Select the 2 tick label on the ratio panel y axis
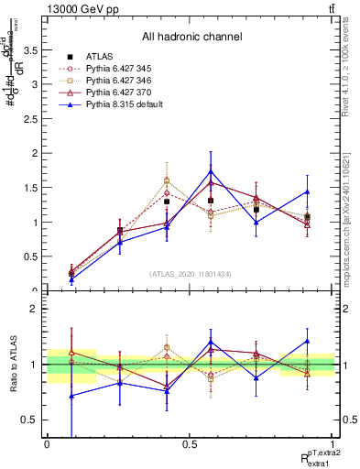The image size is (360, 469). click(x=34, y=310)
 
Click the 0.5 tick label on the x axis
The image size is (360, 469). click(x=189, y=443)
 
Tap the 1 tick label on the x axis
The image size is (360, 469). click(x=333, y=443)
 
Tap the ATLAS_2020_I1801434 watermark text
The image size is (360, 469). click(x=191, y=274)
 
